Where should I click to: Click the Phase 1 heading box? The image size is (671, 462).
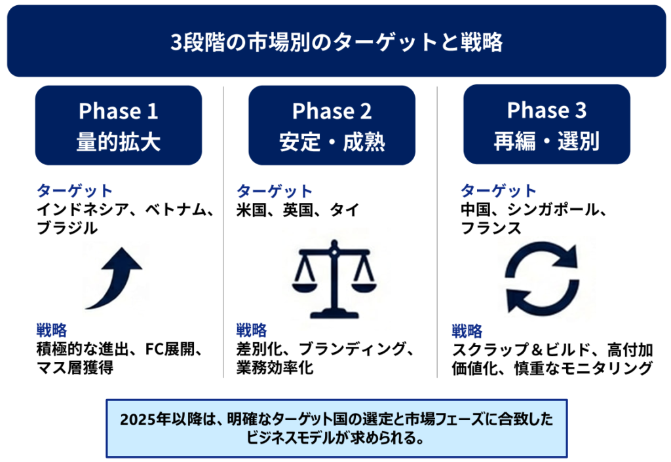point(118,125)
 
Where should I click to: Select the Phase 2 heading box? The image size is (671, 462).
point(332,125)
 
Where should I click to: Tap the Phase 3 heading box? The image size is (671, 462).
point(546,124)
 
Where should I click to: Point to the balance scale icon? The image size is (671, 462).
point(334,279)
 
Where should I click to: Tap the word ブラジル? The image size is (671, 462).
point(67,228)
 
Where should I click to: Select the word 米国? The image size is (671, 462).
point(251,210)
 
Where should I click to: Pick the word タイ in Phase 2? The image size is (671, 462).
point(345,210)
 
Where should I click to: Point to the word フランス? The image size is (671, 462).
point(491,228)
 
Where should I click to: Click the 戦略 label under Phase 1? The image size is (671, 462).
point(52,330)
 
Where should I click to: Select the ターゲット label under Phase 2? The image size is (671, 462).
point(275,190)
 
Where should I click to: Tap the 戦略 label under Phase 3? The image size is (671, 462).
point(467,331)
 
